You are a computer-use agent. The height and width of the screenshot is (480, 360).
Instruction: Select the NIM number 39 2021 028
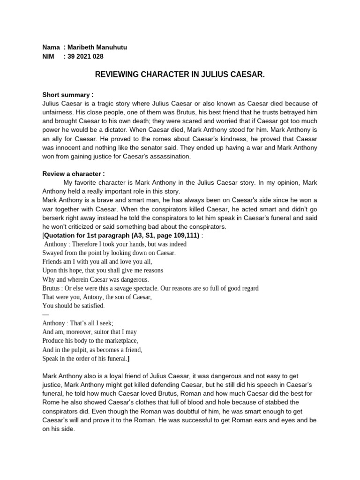pos(85,57)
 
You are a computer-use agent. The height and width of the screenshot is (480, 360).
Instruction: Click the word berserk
pos(54,218)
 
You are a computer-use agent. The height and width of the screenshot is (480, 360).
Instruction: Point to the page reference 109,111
pos(185,235)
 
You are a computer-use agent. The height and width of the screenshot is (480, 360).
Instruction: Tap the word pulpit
pos(75,350)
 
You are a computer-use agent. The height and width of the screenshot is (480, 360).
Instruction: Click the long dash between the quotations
pos(45,315)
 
